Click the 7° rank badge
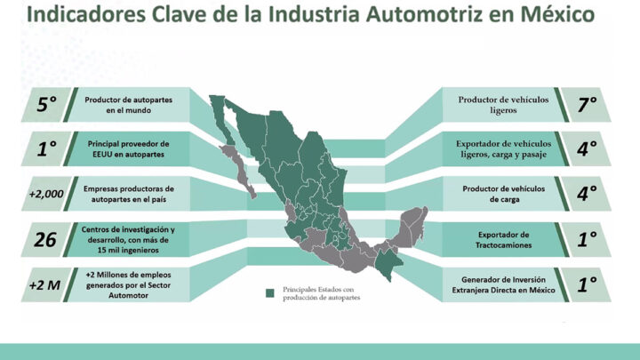[x=585, y=105]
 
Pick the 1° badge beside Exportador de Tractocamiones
[x=585, y=239]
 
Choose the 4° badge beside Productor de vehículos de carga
[x=585, y=194]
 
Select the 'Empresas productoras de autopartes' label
[x=130, y=194]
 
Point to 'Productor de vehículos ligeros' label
[x=503, y=105]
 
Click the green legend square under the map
[x=269, y=292]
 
